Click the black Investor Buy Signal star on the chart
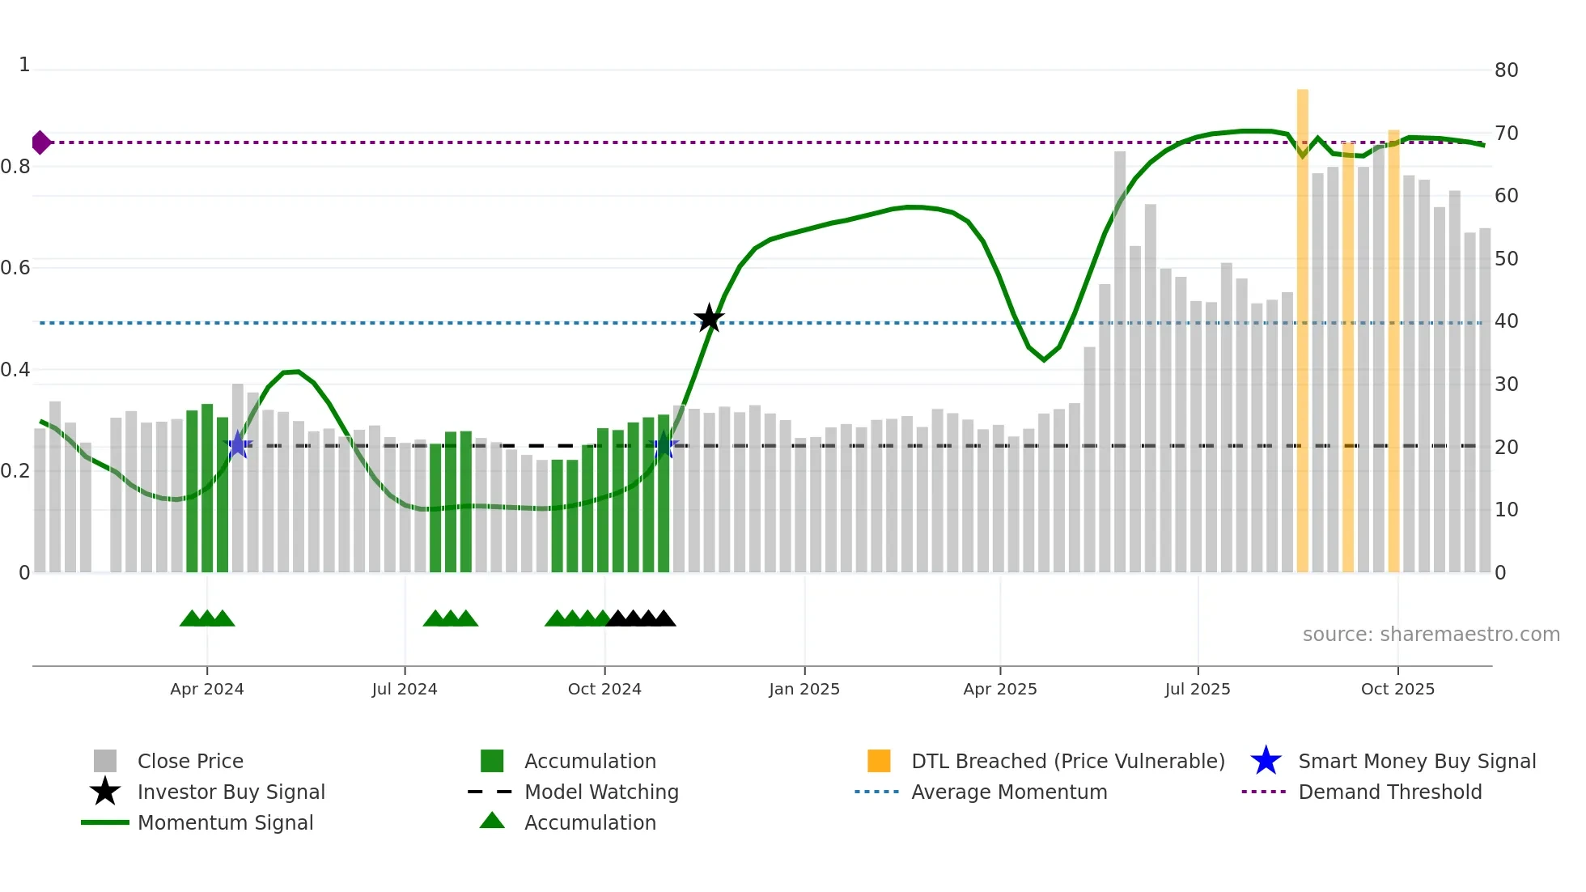[x=709, y=318]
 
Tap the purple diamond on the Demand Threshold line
[x=40, y=142]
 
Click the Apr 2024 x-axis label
[x=206, y=689]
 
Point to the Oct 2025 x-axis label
[x=1397, y=689]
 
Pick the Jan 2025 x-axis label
[x=804, y=689]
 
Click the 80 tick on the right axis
[x=1506, y=70]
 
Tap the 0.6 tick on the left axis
[x=15, y=268]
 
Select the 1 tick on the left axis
[x=24, y=65]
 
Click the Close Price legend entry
[x=190, y=761]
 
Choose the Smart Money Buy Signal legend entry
[x=1416, y=761]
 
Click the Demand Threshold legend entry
[x=1389, y=792]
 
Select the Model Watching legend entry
[x=601, y=792]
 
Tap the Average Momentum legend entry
[x=1009, y=792]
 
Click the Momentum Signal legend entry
[x=225, y=822]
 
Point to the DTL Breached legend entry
[x=1067, y=761]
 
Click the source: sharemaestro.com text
[x=1431, y=635]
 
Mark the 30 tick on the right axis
[x=1506, y=384]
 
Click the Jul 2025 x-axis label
[x=1198, y=689]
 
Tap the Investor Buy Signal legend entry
[x=231, y=792]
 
